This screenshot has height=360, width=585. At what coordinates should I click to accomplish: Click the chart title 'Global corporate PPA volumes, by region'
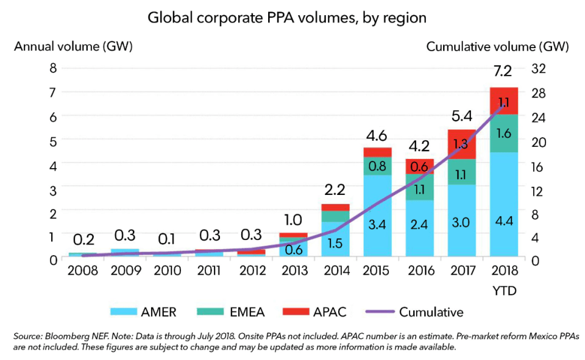click(287, 18)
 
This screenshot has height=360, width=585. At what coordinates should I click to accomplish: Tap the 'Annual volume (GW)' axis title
click(74, 46)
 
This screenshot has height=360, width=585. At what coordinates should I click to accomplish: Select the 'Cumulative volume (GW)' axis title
click(497, 46)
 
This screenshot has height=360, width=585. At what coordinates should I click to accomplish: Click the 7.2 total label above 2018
click(503, 71)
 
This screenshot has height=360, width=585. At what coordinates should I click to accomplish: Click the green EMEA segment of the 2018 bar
click(503, 133)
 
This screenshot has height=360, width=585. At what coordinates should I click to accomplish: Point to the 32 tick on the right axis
click(541, 68)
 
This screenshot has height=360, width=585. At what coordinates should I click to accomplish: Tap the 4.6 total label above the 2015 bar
click(378, 135)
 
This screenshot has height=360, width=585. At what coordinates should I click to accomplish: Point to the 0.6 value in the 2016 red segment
click(420, 166)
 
